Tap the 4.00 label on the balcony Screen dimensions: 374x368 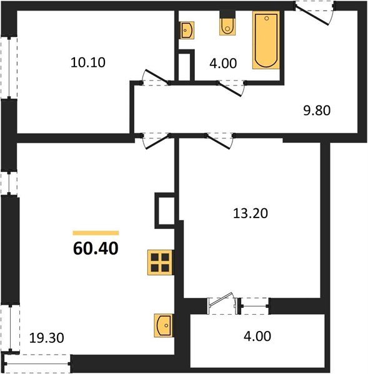[256, 337]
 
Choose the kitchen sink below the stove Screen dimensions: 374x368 [162, 325]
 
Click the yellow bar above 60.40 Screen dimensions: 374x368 [96, 232]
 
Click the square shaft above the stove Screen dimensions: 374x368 [165, 210]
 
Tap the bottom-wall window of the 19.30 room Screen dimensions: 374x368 [37, 360]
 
